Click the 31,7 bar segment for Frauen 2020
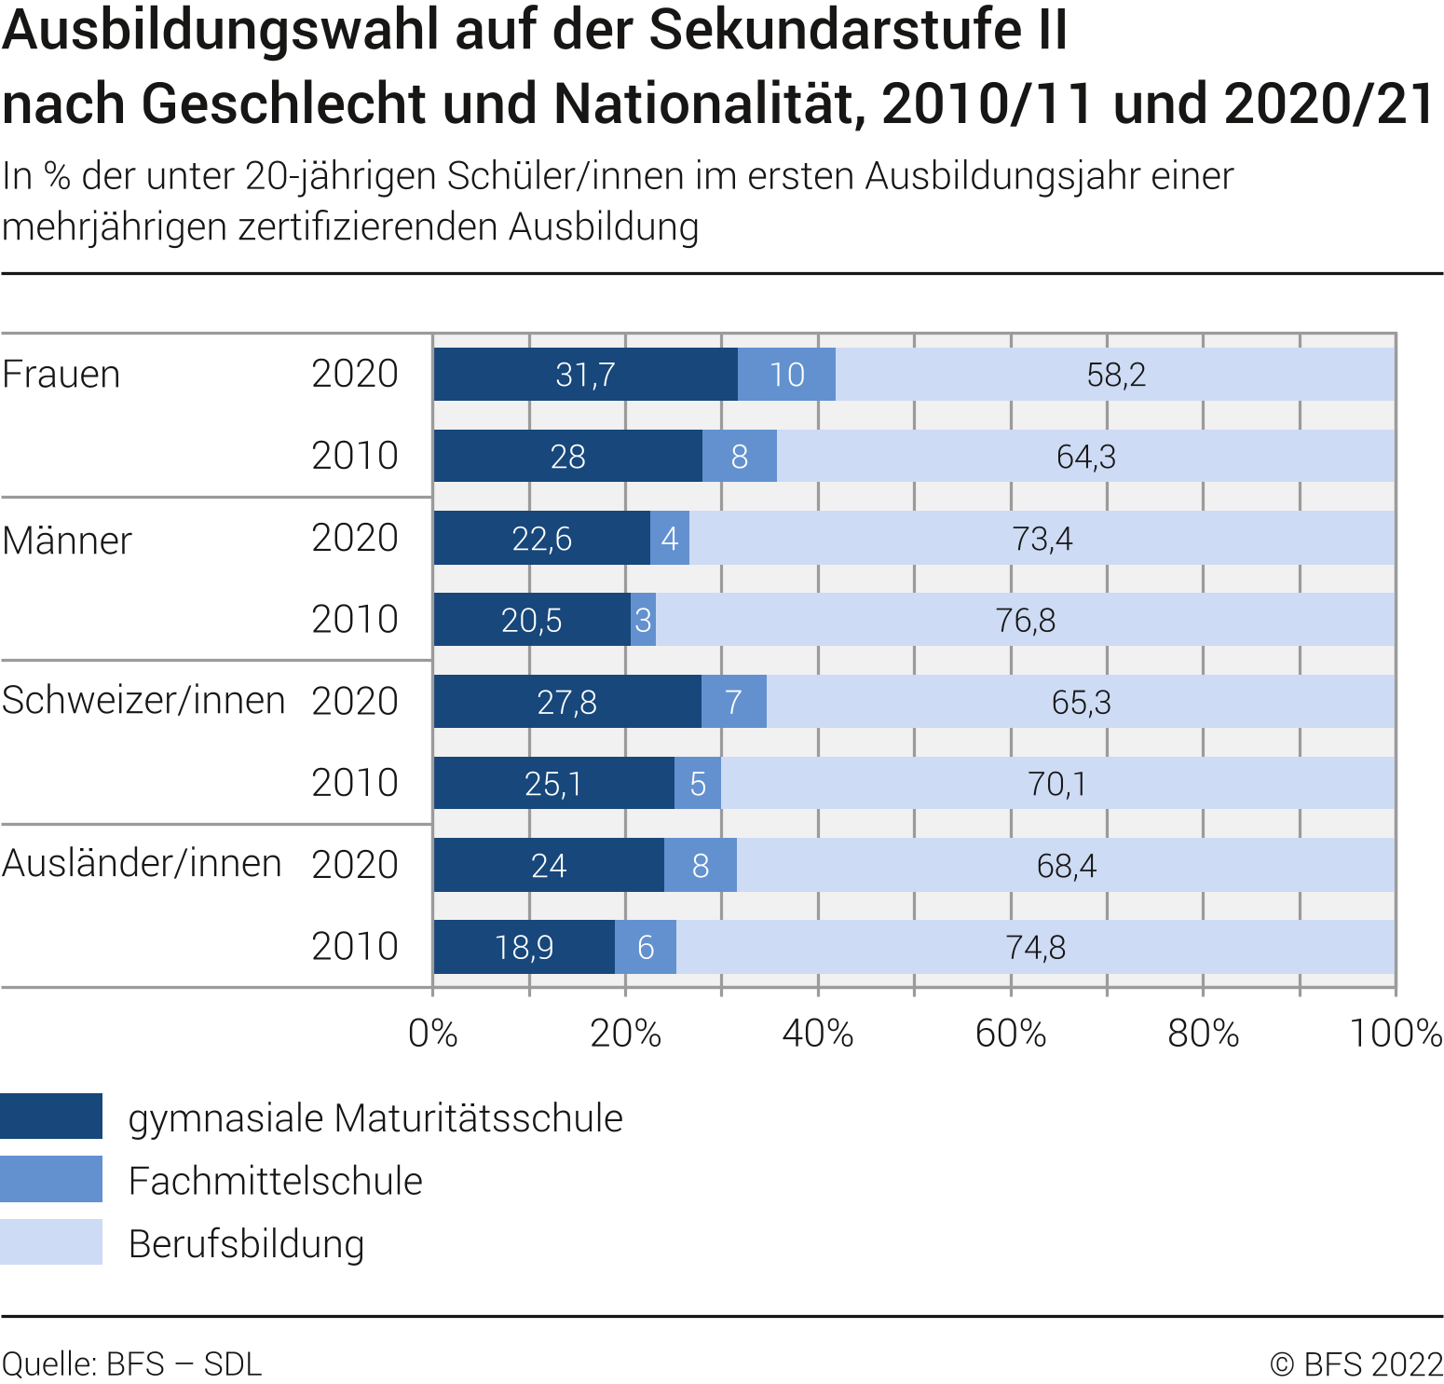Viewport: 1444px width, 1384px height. pos(585,375)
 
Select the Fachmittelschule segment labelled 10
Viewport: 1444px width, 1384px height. pos(786,375)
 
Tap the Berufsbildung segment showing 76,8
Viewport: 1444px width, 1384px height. pos(1025,620)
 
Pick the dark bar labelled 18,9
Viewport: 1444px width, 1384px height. pos(524,947)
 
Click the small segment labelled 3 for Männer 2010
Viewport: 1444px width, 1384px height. pos(643,620)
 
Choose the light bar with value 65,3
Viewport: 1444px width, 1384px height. pos(1081,702)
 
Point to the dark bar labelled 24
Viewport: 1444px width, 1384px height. pos(549,866)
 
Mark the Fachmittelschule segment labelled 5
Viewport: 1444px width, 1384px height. pos(698,784)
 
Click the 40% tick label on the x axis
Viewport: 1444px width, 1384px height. pos(818,1034)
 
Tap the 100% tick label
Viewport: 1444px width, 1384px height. pos(1396,1034)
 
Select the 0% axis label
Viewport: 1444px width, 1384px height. pos(433,1034)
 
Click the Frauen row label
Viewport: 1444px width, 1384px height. pos(61,375)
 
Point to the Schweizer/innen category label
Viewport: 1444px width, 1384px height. pos(143,701)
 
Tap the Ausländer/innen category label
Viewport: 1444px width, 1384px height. pos(142,864)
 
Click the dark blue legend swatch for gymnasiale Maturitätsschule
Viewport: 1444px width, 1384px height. pos(51,1117)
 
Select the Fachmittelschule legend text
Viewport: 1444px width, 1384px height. pos(276,1181)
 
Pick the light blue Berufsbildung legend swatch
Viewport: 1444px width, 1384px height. pos(51,1242)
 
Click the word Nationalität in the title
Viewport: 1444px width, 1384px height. pos(703,103)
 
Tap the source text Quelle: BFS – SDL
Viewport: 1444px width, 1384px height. pos(132,1364)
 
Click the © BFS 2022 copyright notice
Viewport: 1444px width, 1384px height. pos(1356,1364)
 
